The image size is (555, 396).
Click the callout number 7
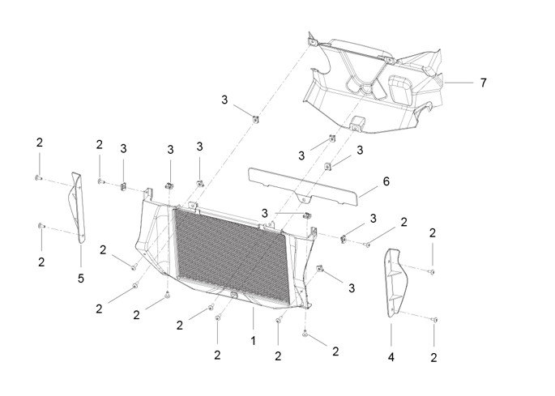coord(483,83)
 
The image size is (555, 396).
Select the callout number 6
coord(386,181)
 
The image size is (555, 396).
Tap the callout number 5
coord(81,279)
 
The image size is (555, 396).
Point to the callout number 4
coord(391,357)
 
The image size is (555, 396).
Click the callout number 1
coord(253,341)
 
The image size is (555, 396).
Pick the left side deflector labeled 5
coord(79,207)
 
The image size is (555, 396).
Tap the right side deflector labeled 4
coord(395,281)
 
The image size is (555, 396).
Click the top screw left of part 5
coord(39,178)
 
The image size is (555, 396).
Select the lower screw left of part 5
coord(41,225)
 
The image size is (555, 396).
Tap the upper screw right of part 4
coord(432,272)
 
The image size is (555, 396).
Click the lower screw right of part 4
coord(434,320)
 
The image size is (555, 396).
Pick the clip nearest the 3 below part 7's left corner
coord(255,118)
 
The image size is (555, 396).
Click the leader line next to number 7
coord(459,83)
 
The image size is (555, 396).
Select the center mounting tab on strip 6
coord(303,199)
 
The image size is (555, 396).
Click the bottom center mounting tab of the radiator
coord(233,295)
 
